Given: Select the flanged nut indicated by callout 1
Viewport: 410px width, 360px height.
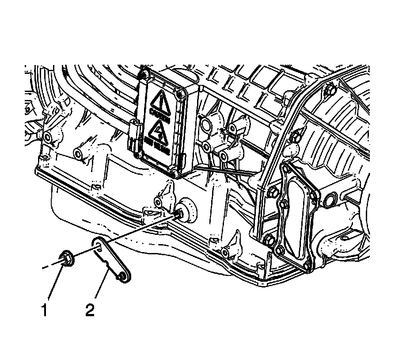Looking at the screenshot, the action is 67,259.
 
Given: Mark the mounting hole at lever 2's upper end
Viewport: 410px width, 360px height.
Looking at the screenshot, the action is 98,243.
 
